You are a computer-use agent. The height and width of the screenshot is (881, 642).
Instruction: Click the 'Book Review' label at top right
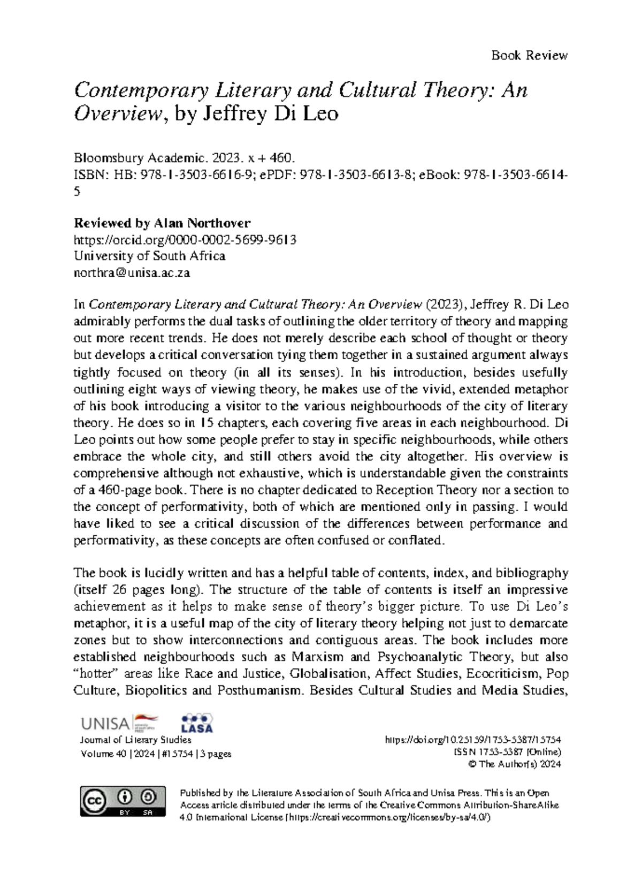tap(529, 55)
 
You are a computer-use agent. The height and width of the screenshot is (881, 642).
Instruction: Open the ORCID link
tap(185, 239)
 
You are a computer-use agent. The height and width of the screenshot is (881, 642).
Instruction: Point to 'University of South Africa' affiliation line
tap(149, 256)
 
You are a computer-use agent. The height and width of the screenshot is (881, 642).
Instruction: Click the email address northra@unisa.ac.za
tap(132, 273)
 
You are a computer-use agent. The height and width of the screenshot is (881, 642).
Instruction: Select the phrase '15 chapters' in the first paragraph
tap(230, 423)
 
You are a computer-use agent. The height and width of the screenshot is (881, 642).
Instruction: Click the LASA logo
tap(197, 723)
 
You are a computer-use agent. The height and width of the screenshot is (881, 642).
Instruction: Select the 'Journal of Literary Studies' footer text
tap(135, 740)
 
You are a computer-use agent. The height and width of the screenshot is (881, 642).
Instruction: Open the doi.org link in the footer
tap(472, 740)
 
